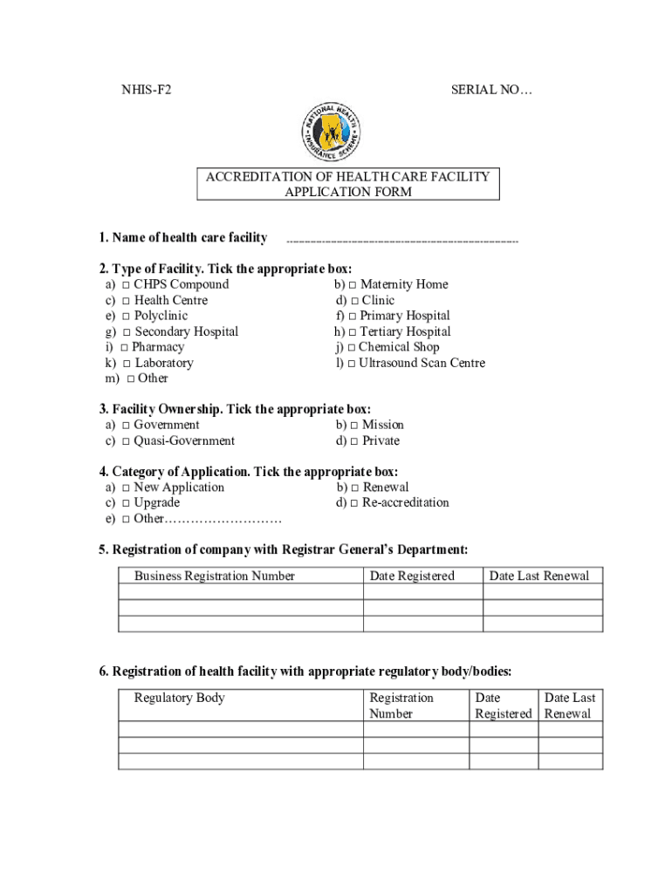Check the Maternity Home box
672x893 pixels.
[x=353, y=285]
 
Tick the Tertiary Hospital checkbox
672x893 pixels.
[x=353, y=332]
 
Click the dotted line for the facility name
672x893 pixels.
[x=401, y=240]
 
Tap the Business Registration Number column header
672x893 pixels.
[x=215, y=576]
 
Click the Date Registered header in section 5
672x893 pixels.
[x=412, y=576]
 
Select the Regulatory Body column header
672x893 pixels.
[x=180, y=698]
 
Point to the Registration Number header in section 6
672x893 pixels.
[x=401, y=706]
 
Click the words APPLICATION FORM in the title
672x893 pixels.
[x=348, y=193]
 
